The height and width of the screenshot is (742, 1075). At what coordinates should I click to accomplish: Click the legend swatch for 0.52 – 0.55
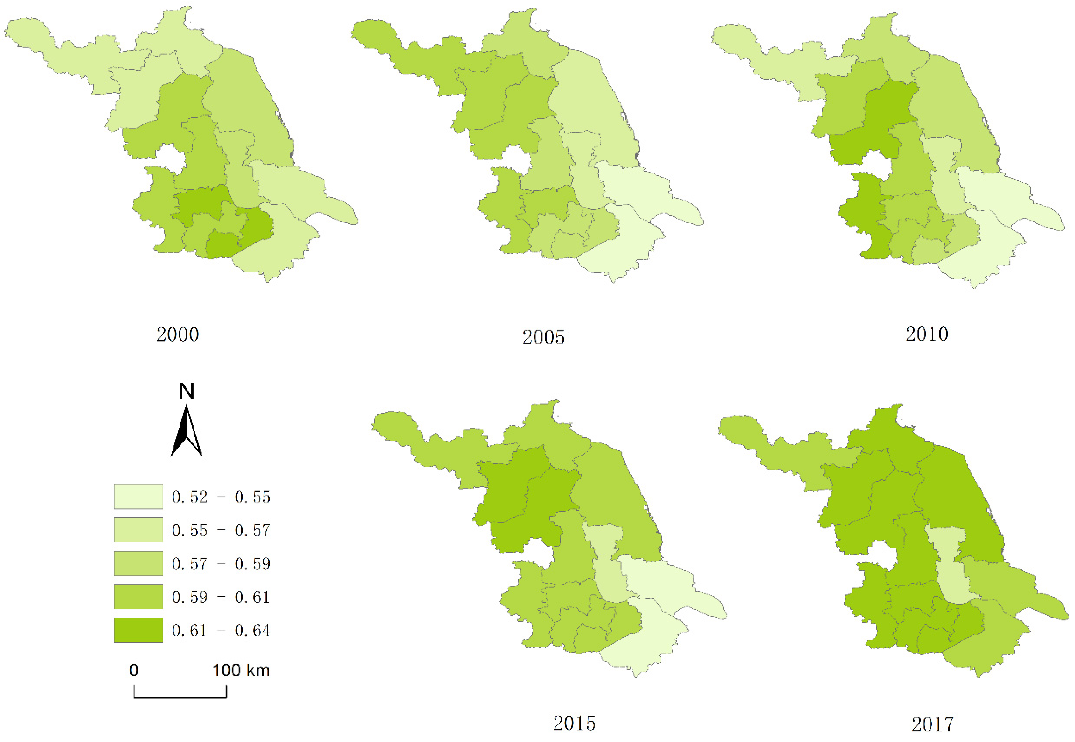(x=138, y=497)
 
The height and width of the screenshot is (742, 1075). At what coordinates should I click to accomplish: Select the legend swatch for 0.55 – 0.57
(x=138, y=530)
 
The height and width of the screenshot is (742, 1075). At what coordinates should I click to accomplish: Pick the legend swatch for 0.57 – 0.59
(x=138, y=563)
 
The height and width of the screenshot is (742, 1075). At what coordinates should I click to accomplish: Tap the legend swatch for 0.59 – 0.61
(x=138, y=597)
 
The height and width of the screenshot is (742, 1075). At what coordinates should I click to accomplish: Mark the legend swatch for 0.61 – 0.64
(x=138, y=630)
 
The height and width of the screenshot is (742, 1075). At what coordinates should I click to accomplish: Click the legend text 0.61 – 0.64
(x=221, y=630)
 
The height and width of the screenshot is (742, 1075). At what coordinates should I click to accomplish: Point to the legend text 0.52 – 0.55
(x=221, y=497)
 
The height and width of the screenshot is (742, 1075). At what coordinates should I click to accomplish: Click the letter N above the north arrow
(x=187, y=392)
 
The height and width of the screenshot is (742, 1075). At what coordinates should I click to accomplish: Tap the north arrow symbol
(x=187, y=432)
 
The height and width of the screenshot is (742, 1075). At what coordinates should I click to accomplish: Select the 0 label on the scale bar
(x=134, y=670)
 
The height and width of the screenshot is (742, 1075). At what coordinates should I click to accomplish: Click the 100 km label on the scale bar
(x=241, y=670)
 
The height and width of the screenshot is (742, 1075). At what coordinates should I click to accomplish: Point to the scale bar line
(x=180, y=697)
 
